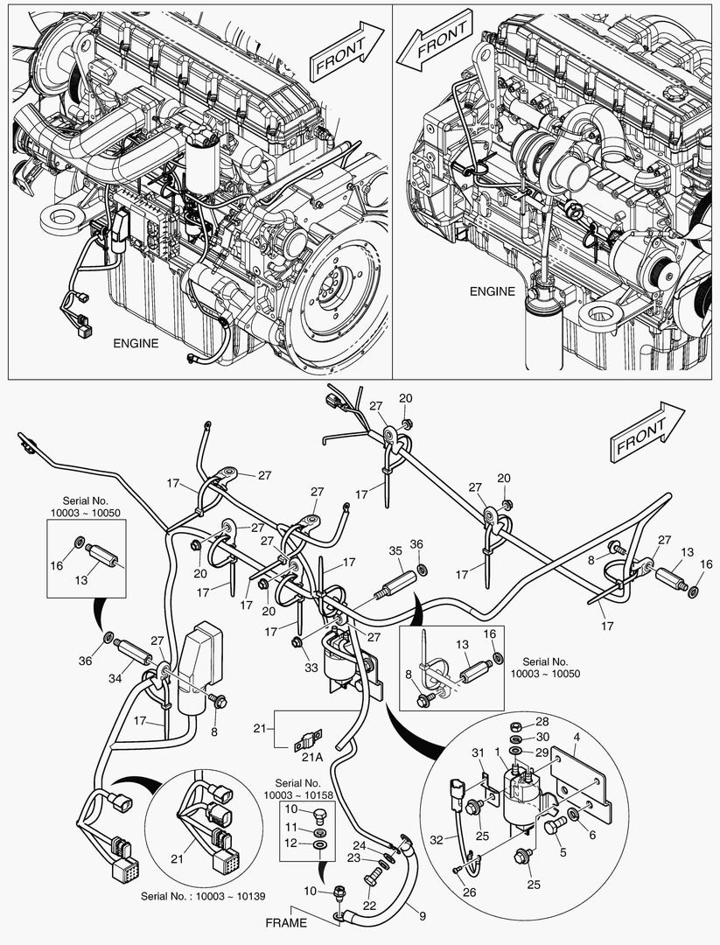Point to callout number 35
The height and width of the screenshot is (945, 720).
pos(395,550)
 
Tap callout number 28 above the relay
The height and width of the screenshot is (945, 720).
pos(542,722)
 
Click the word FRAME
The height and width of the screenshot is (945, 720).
pos(286,922)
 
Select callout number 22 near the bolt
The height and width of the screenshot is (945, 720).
pos(369,906)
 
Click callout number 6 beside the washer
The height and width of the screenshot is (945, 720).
pos(591,836)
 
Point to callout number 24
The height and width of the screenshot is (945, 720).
pos(359,845)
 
